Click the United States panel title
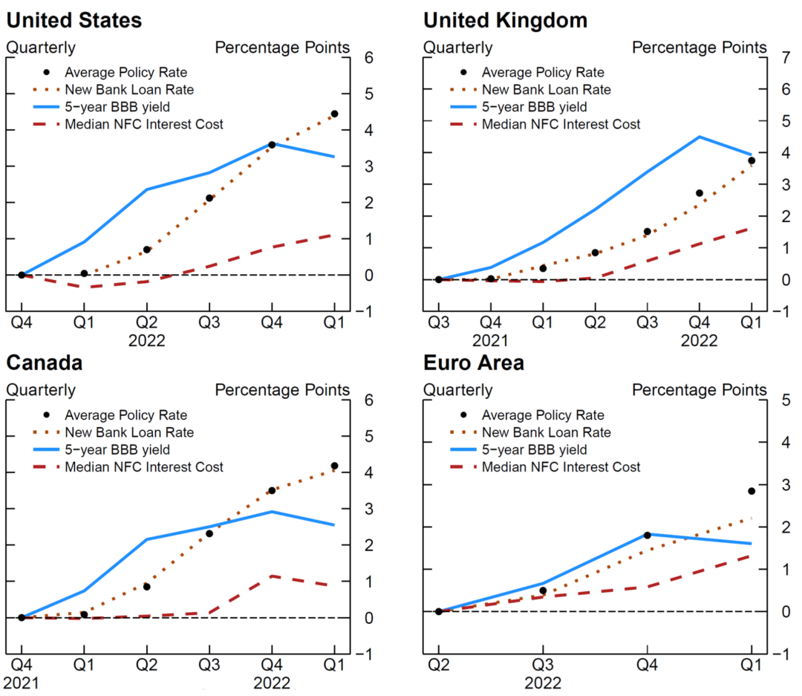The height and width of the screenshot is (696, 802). pos(74,20)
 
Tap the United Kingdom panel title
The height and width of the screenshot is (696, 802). pos(505,20)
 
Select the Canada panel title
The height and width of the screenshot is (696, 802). pos(44,362)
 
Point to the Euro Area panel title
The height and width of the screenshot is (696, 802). pos(474,362)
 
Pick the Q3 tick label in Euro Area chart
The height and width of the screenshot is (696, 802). pos(542,663)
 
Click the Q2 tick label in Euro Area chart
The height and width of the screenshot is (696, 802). pos(438,663)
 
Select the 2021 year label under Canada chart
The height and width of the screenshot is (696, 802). pos(22,682)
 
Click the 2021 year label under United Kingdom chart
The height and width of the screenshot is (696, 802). pos(491,340)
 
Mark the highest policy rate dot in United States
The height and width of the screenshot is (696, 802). pos(334,114)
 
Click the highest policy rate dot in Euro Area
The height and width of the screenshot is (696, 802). pos(752,491)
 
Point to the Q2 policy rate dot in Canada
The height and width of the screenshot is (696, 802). pos(146,587)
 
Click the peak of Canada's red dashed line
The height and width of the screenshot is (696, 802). pos(272,576)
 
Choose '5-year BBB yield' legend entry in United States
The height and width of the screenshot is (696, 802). pos(117,107)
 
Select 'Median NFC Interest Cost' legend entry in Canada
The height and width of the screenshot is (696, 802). pos(144,467)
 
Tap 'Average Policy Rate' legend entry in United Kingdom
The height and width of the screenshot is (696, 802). pos(543,72)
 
